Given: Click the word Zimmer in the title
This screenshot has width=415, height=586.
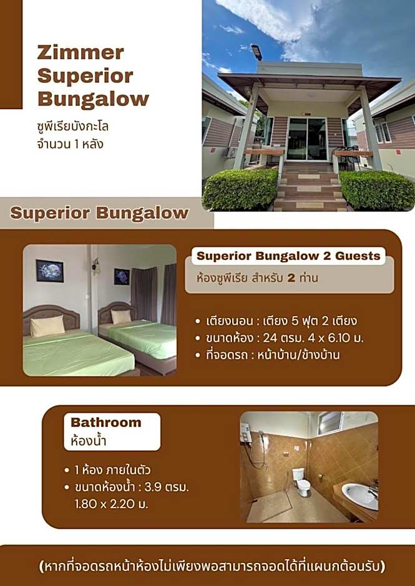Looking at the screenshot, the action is [x=81, y=53].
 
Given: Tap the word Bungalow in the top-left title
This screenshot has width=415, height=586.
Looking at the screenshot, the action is [x=93, y=99].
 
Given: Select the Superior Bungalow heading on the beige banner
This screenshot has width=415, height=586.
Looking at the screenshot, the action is [x=100, y=213].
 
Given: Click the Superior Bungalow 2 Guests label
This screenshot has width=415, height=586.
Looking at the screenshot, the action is [x=288, y=256].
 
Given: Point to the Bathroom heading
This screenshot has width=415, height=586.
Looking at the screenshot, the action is [x=106, y=422].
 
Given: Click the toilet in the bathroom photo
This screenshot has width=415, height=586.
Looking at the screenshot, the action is [x=301, y=482].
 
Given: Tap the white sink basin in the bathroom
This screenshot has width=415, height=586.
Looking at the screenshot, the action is [x=360, y=495].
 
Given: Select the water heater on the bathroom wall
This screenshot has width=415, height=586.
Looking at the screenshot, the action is [x=245, y=433].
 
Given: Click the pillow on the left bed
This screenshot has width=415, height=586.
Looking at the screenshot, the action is [x=47, y=325].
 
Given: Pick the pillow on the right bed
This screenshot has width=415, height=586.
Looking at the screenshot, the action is [x=121, y=317].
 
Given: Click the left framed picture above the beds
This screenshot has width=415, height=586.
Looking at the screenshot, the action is [x=50, y=271].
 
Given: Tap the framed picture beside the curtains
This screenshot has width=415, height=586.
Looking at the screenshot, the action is [x=122, y=277].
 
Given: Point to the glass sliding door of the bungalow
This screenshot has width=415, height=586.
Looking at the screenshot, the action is [x=306, y=139].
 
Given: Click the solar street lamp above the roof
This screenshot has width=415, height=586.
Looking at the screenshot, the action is [x=256, y=52].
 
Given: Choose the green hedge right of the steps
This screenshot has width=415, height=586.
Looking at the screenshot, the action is [x=376, y=191].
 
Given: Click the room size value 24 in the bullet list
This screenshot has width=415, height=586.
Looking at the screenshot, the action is [x=270, y=339].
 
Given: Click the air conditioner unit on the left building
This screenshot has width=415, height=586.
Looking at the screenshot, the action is [x=230, y=152].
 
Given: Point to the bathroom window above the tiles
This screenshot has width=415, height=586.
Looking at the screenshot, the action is [x=330, y=423].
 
